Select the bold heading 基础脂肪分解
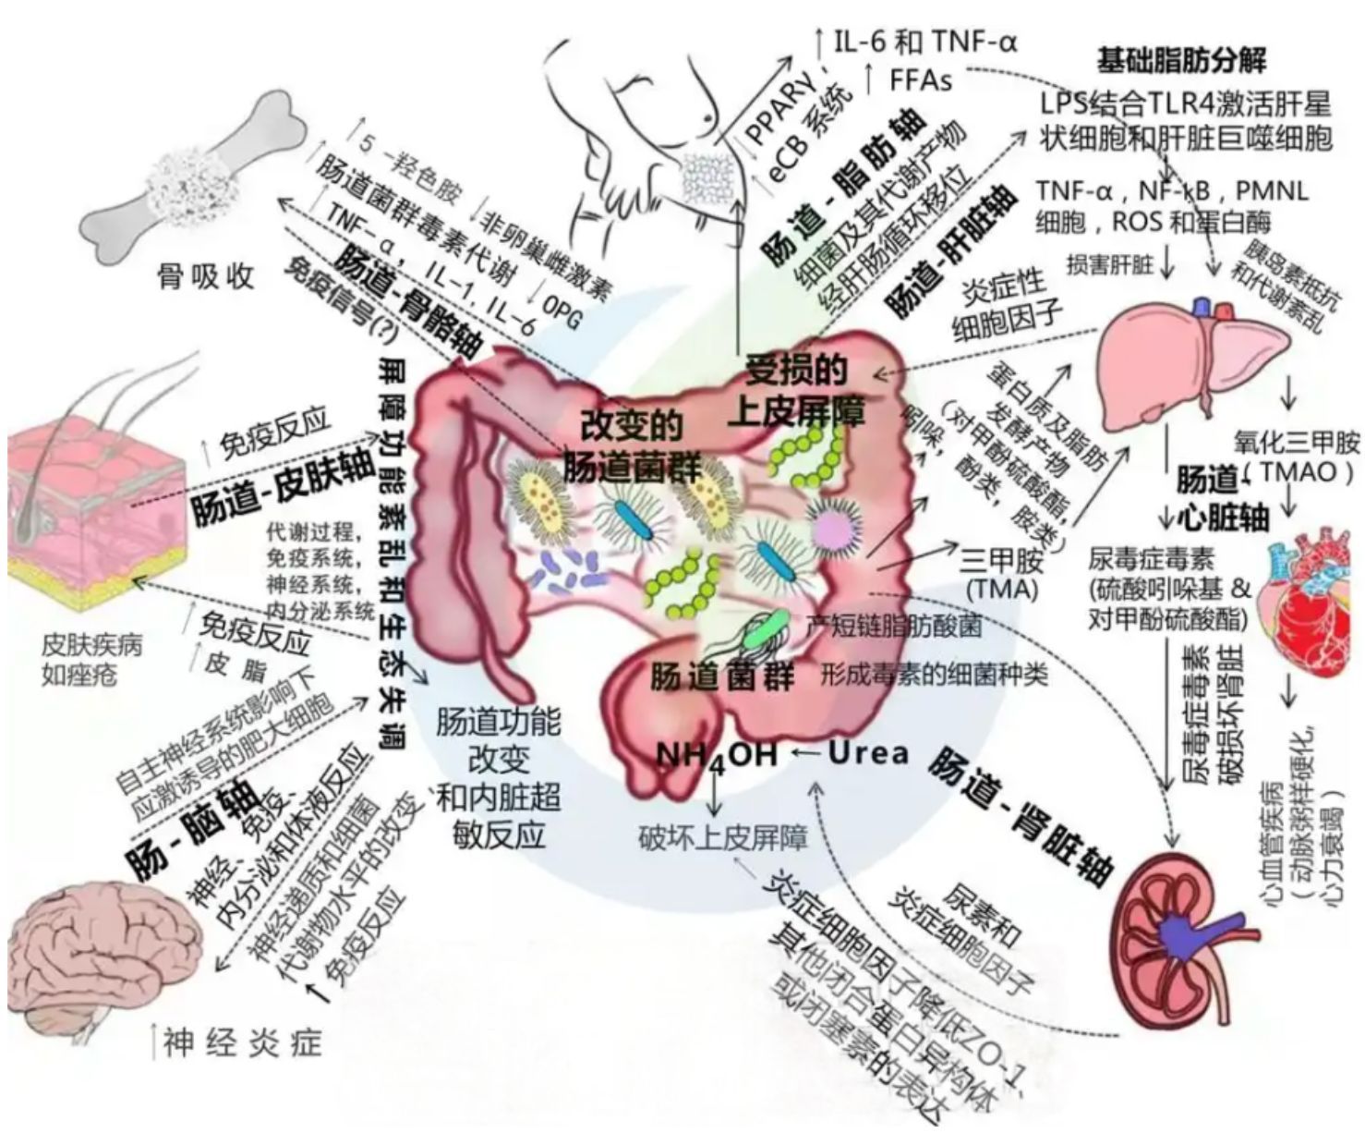pos(1181,61)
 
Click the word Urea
pos(868,752)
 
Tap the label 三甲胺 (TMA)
pos(1001,573)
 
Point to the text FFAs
pos(920,80)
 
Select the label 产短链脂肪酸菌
pos(892,626)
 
